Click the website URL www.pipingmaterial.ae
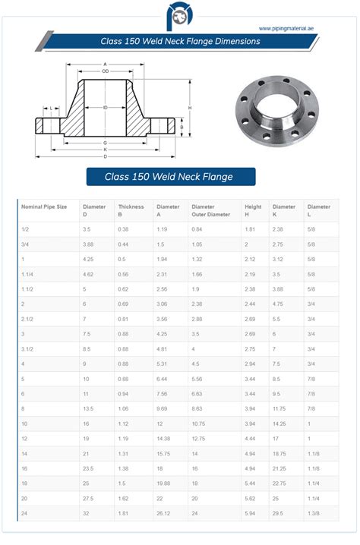(286, 29)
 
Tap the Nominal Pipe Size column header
(44, 206)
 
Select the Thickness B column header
(131, 210)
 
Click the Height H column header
(253, 210)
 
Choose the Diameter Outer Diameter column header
(210, 210)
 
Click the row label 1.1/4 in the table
(28, 273)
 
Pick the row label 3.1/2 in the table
(28, 349)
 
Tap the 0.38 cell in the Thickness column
(123, 228)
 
